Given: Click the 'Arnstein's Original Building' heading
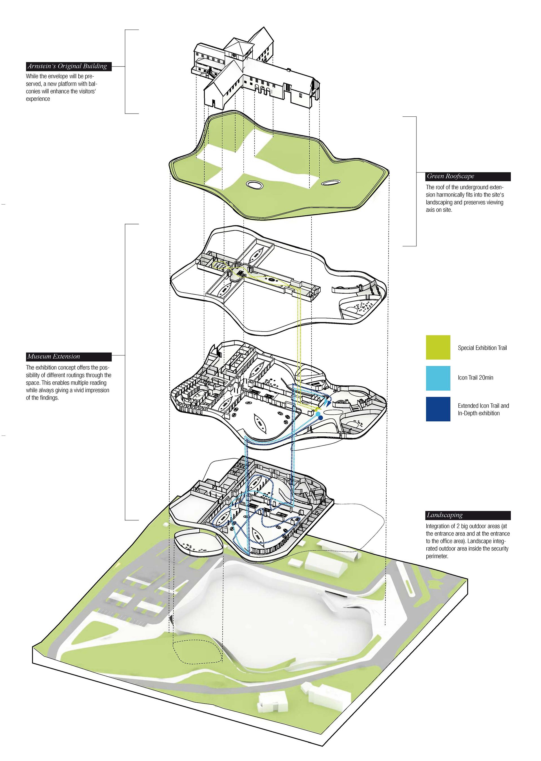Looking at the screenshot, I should pos(68,66).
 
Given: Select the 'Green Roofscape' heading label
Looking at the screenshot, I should pos(450,176).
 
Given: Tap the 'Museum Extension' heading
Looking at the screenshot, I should pos(54,357).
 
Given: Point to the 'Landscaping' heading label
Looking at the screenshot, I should pos(444,515).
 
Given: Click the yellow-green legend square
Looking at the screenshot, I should pos(438,348).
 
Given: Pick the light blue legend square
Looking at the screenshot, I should pos(438,378).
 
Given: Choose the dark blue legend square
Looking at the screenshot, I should pos(438,409).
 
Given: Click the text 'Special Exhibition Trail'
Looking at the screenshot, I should pos(482,348).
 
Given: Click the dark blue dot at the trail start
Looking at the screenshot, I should pos(321,418).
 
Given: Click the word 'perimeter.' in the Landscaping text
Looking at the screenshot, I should pos(437,556).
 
